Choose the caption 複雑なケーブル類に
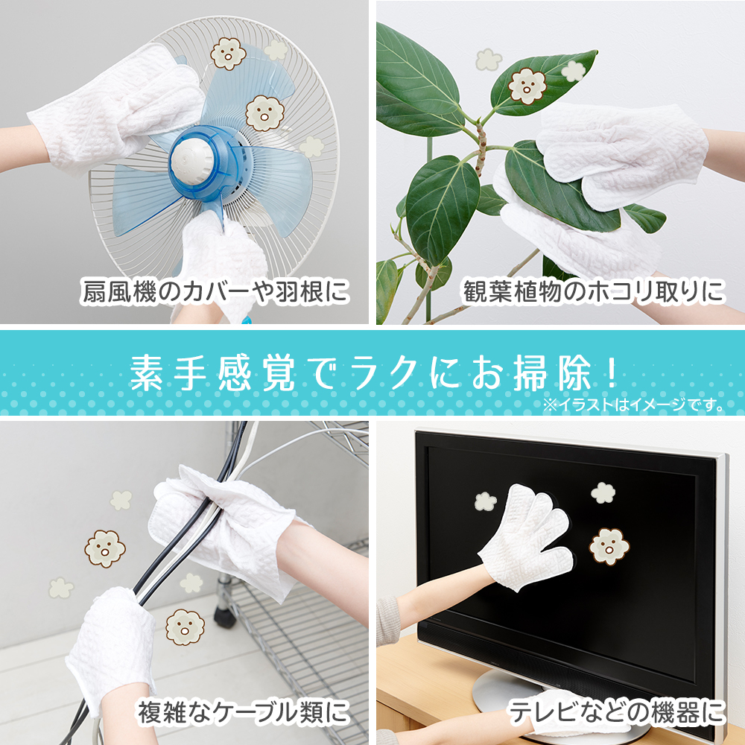[x=243, y=714]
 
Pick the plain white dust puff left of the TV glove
[x=486, y=501]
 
